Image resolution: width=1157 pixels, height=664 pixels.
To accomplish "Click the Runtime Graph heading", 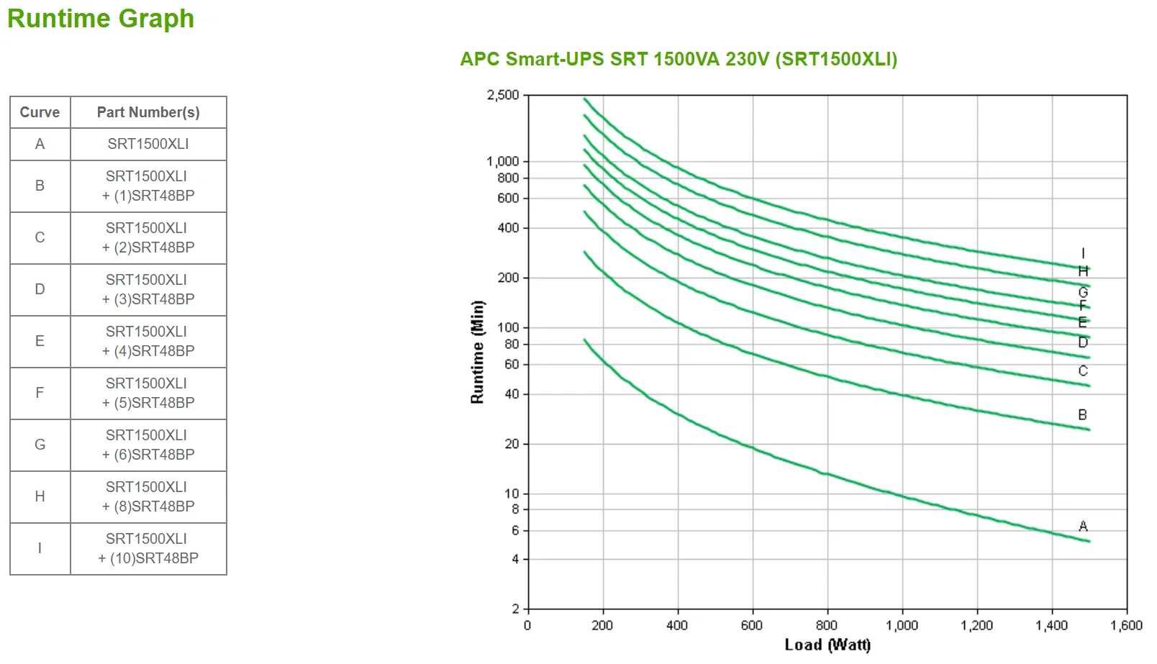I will (101, 19).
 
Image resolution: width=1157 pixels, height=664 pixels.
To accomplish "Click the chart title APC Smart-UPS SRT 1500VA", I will (679, 59).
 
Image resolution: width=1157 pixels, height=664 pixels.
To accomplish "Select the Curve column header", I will (40, 112).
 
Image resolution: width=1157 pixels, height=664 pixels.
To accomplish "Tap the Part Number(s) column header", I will (148, 112).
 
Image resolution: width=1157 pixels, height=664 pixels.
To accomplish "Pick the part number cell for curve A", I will (148, 144).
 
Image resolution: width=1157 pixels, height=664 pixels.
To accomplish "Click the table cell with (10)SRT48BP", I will (148, 548).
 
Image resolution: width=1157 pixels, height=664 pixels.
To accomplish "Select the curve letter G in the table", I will (40, 445).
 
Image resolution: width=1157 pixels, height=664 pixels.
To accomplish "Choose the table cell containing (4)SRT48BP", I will (148, 341).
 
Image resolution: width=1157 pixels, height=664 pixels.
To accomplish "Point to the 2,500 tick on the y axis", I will (503, 95).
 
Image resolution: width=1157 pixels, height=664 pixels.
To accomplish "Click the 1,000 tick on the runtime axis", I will (503, 161).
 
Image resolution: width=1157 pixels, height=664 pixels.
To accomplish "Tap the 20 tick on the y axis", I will (511, 444).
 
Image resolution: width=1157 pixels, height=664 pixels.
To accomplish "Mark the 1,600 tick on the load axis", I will (1126, 625).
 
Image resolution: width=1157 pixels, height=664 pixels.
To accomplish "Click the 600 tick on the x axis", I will (752, 625).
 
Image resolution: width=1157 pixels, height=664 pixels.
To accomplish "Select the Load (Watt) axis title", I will (827, 645).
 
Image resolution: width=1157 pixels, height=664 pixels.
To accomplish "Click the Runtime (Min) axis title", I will (477, 352).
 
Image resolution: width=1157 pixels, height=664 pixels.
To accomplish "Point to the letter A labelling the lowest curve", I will (1083, 527).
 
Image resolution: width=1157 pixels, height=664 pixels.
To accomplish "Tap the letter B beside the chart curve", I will (1083, 415).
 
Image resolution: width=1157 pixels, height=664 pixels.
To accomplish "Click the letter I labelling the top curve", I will (1083, 254).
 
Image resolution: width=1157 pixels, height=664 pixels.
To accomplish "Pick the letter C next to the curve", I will (1083, 371).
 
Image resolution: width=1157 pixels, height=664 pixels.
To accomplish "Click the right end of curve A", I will (1089, 541).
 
